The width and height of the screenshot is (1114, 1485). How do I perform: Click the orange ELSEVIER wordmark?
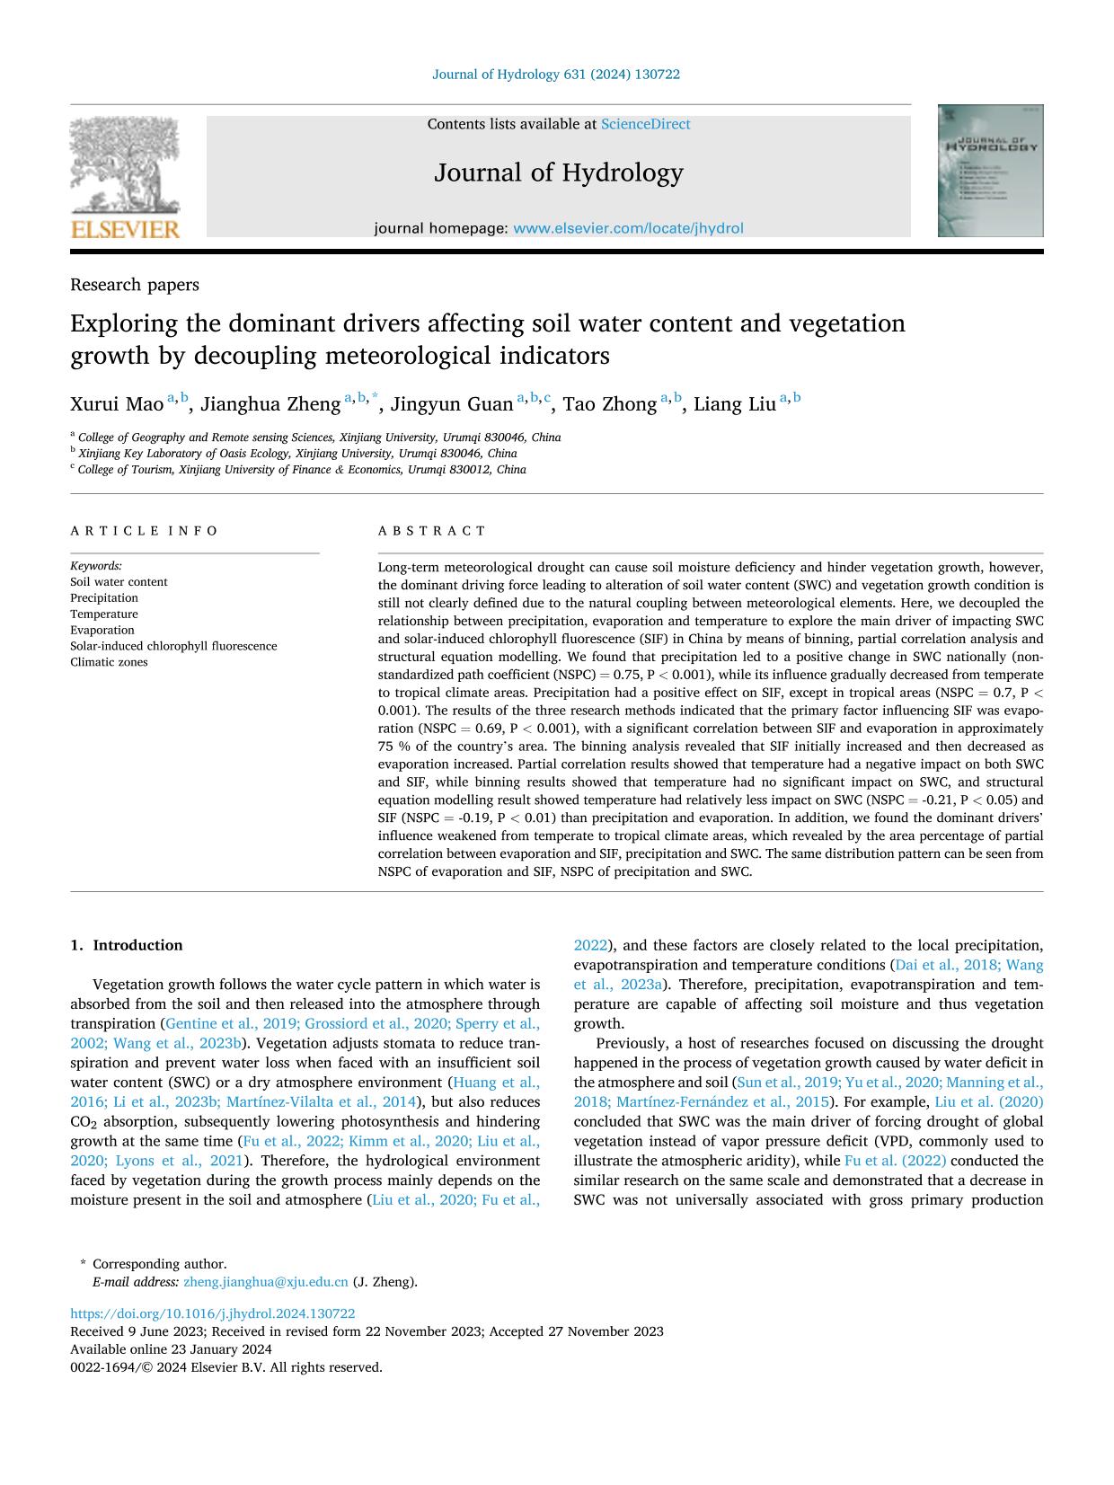(x=125, y=230)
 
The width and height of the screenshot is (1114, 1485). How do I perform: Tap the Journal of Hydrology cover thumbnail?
(x=990, y=171)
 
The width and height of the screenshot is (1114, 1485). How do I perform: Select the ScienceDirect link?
(x=645, y=125)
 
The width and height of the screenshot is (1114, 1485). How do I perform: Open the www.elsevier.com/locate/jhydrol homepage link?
(x=628, y=229)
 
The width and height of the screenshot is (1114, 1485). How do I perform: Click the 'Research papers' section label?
(x=135, y=285)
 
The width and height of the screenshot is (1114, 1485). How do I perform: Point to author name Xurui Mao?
(x=117, y=404)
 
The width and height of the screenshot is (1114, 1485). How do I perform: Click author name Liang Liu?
(x=734, y=404)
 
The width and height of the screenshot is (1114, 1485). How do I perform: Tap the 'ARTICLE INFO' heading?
(x=145, y=531)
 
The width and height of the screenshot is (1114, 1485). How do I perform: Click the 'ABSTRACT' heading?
(x=432, y=531)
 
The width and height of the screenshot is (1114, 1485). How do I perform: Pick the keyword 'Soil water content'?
(x=119, y=582)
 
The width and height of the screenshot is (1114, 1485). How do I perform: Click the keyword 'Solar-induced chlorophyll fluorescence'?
(x=173, y=646)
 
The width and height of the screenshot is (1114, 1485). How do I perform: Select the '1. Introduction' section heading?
(x=127, y=945)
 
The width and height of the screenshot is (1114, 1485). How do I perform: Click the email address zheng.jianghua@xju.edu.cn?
(x=265, y=1282)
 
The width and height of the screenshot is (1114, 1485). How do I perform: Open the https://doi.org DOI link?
(x=212, y=1313)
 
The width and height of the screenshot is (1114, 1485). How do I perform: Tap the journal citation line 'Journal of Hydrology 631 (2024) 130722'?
(x=556, y=75)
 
